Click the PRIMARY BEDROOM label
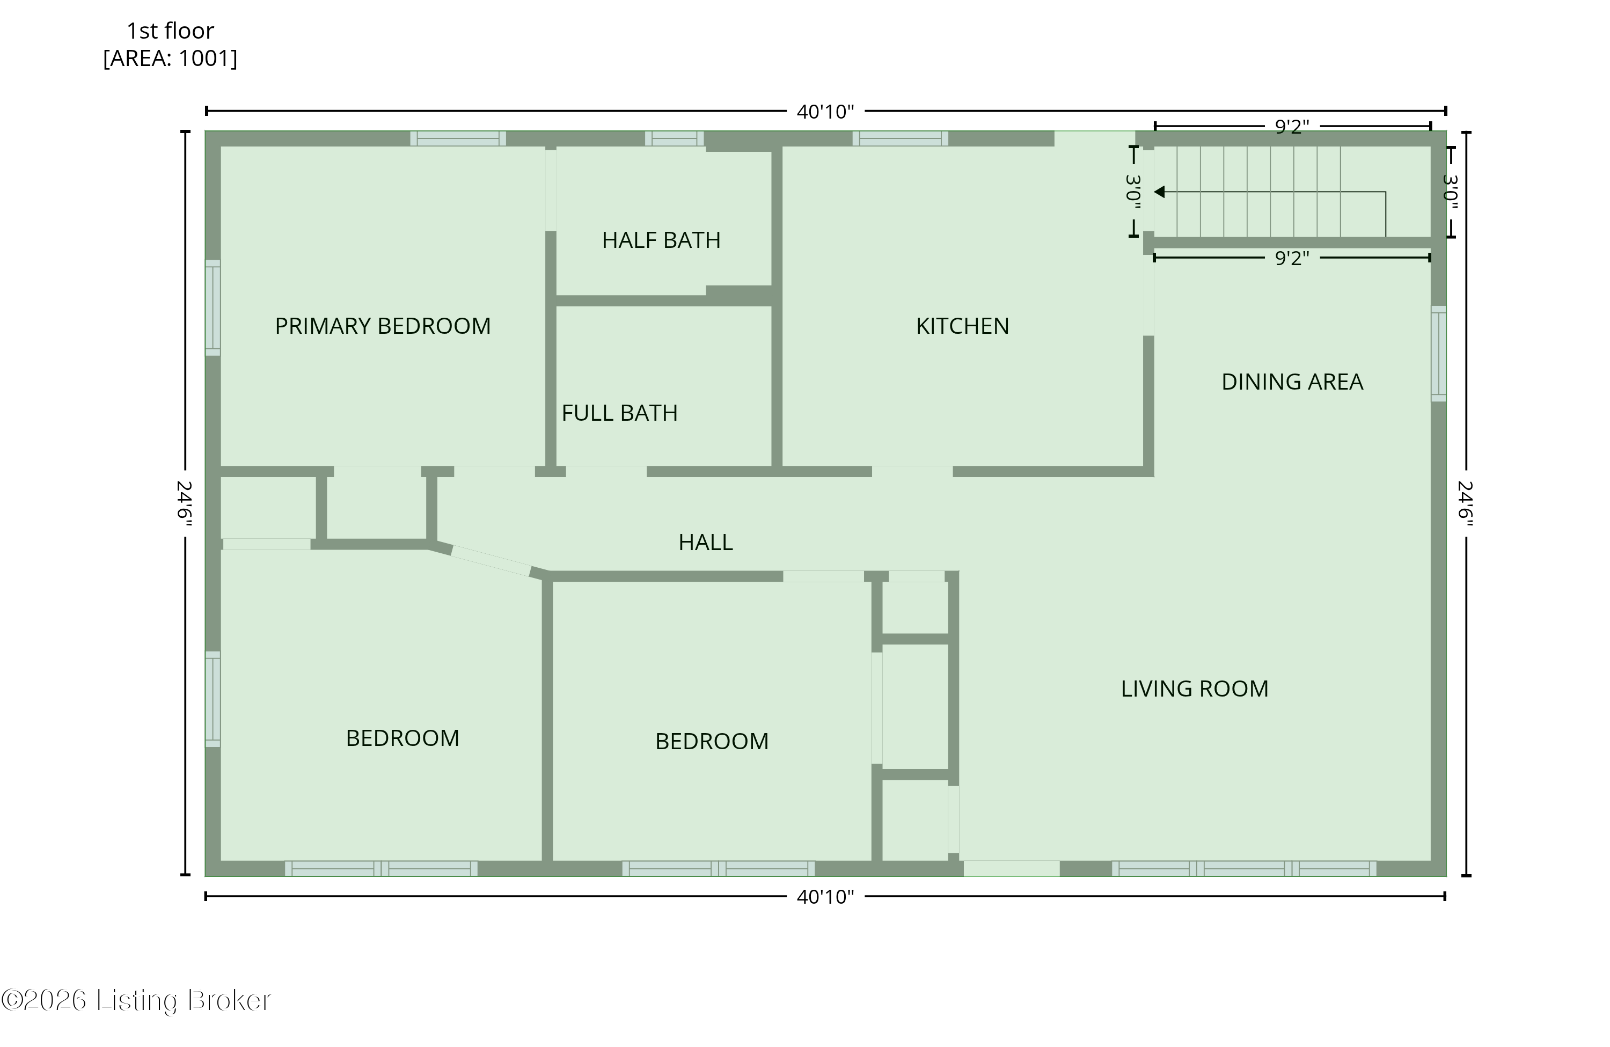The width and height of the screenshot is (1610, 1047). click(382, 326)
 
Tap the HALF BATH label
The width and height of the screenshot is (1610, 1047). click(661, 240)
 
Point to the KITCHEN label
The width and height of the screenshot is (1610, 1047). click(962, 326)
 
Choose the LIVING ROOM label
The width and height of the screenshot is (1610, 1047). click(1194, 689)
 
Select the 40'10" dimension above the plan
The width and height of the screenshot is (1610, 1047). click(825, 112)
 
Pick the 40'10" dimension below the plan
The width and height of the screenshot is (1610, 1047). click(825, 896)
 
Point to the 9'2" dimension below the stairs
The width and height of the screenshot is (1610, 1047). click(1291, 258)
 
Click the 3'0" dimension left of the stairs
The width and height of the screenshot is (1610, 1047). click(1134, 192)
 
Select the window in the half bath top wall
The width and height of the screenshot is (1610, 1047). click(674, 138)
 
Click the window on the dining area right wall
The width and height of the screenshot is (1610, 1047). click(1438, 353)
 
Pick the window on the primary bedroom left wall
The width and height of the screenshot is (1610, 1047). click(213, 307)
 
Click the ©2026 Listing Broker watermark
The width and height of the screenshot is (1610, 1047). click(135, 1000)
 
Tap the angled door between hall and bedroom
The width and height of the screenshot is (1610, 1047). click(491, 561)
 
